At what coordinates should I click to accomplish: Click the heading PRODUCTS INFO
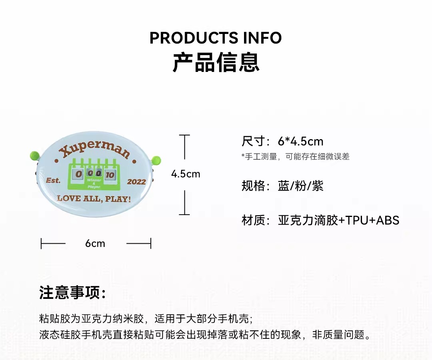(216, 38)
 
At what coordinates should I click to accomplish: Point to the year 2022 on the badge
(136, 182)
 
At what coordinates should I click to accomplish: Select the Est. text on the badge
(53, 181)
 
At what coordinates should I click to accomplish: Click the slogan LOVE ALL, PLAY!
(94, 198)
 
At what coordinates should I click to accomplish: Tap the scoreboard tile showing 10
(110, 175)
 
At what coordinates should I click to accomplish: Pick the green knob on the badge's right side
(155, 161)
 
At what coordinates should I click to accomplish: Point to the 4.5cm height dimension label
(186, 174)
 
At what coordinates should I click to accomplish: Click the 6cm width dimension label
(95, 243)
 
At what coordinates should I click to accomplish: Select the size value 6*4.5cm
(300, 141)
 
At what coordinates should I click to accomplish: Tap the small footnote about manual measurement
(296, 157)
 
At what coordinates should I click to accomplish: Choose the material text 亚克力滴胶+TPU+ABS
(338, 220)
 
